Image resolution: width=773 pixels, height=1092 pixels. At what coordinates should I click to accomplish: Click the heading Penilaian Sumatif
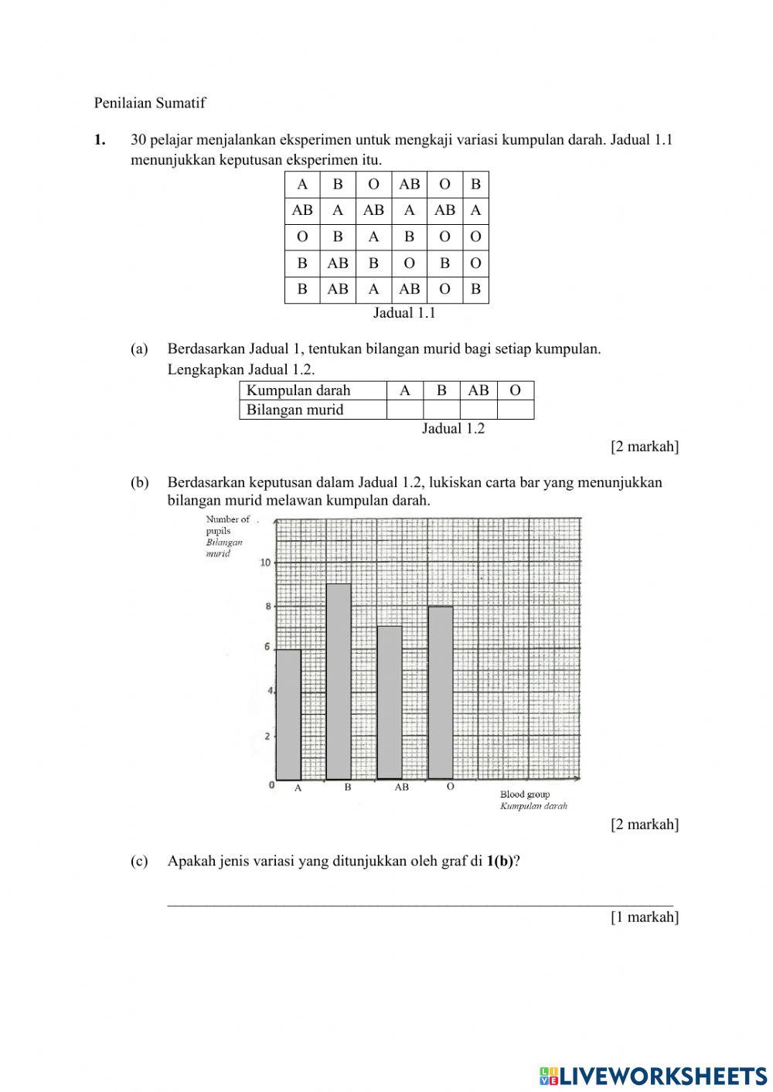[x=150, y=102]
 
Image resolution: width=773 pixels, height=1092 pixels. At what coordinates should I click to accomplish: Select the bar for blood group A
[x=288, y=715]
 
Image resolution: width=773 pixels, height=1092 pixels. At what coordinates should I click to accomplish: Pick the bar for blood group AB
[x=390, y=702]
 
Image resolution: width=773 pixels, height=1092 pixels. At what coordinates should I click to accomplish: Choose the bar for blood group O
[x=441, y=692]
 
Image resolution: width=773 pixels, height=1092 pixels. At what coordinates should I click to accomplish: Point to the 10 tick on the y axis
[x=266, y=562]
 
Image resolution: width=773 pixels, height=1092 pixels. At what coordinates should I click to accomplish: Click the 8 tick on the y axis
[x=268, y=607]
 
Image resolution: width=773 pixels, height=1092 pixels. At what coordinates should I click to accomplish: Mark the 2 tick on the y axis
[x=268, y=736]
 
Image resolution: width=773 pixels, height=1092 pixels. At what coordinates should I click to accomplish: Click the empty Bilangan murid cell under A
[x=404, y=410]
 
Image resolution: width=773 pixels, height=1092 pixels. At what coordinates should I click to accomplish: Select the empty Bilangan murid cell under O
[x=516, y=410]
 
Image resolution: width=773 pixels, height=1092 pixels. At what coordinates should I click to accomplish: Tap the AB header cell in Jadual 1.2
[x=478, y=390]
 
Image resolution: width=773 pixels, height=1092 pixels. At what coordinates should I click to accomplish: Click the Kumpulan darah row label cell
[x=312, y=390]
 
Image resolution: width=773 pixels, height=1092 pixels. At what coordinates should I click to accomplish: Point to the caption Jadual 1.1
[x=404, y=313]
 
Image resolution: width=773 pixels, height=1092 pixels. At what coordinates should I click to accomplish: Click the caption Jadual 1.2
[x=453, y=429]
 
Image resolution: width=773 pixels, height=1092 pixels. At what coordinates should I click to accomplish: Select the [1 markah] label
[x=644, y=917]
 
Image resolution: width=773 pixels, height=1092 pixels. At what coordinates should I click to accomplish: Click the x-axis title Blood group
[x=525, y=794]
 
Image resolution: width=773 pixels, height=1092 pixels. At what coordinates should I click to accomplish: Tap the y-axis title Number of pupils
[x=226, y=525]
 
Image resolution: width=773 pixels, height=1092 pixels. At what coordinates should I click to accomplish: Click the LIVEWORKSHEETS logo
[x=653, y=1075]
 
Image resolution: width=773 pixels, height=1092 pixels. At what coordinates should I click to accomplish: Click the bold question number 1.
[x=99, y=140]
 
